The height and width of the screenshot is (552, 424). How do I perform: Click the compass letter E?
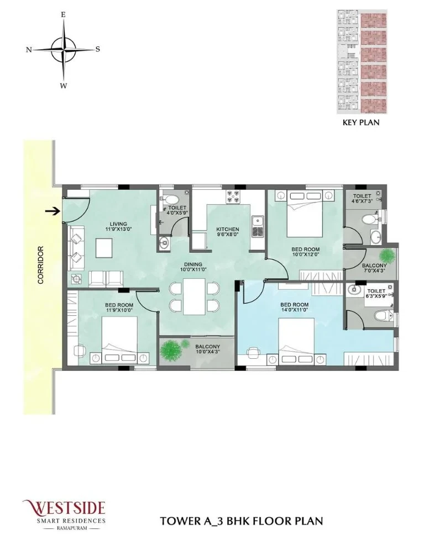coord(64,15)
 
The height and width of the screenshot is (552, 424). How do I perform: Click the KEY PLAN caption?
coord(361,123)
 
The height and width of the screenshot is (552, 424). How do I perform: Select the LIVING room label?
coord(118,224)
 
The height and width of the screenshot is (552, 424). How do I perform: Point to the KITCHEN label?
coord(228,229)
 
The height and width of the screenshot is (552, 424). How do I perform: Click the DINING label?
coord(193,264)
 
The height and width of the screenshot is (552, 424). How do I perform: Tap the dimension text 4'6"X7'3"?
coord(362,201)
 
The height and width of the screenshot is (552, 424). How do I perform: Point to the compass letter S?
coord(98,49)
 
